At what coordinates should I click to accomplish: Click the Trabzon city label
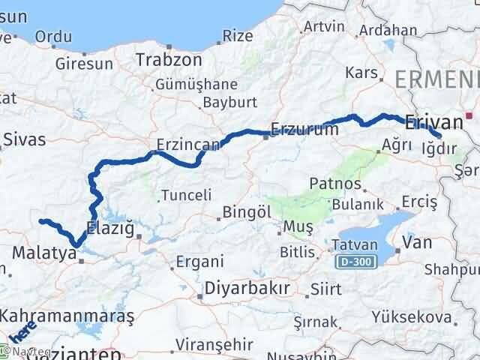[x=169, y=58]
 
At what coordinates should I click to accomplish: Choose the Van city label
[x=416, y=242]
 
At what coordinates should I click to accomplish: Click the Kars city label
[x=361, y=72]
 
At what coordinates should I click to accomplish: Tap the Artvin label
[x=324, y=27]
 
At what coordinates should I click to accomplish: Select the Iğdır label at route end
[x=439, y=148]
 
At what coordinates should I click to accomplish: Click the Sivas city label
[x=24, y=139]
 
